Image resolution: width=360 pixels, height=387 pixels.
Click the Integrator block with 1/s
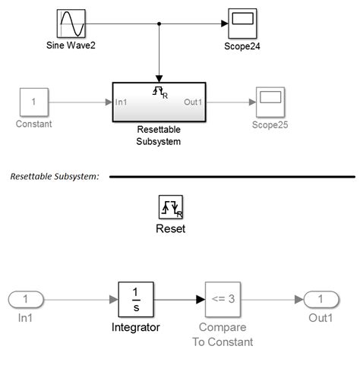136,299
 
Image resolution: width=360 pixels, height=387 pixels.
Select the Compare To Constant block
223,299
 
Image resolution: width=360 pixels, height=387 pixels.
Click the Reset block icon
170,206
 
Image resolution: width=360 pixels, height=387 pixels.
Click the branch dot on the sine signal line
159,24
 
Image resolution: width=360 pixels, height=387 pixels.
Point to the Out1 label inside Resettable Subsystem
193,102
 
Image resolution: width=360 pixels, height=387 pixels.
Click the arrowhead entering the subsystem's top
159,77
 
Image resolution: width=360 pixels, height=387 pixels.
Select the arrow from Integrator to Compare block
179,299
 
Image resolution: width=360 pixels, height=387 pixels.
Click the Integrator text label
136,327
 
